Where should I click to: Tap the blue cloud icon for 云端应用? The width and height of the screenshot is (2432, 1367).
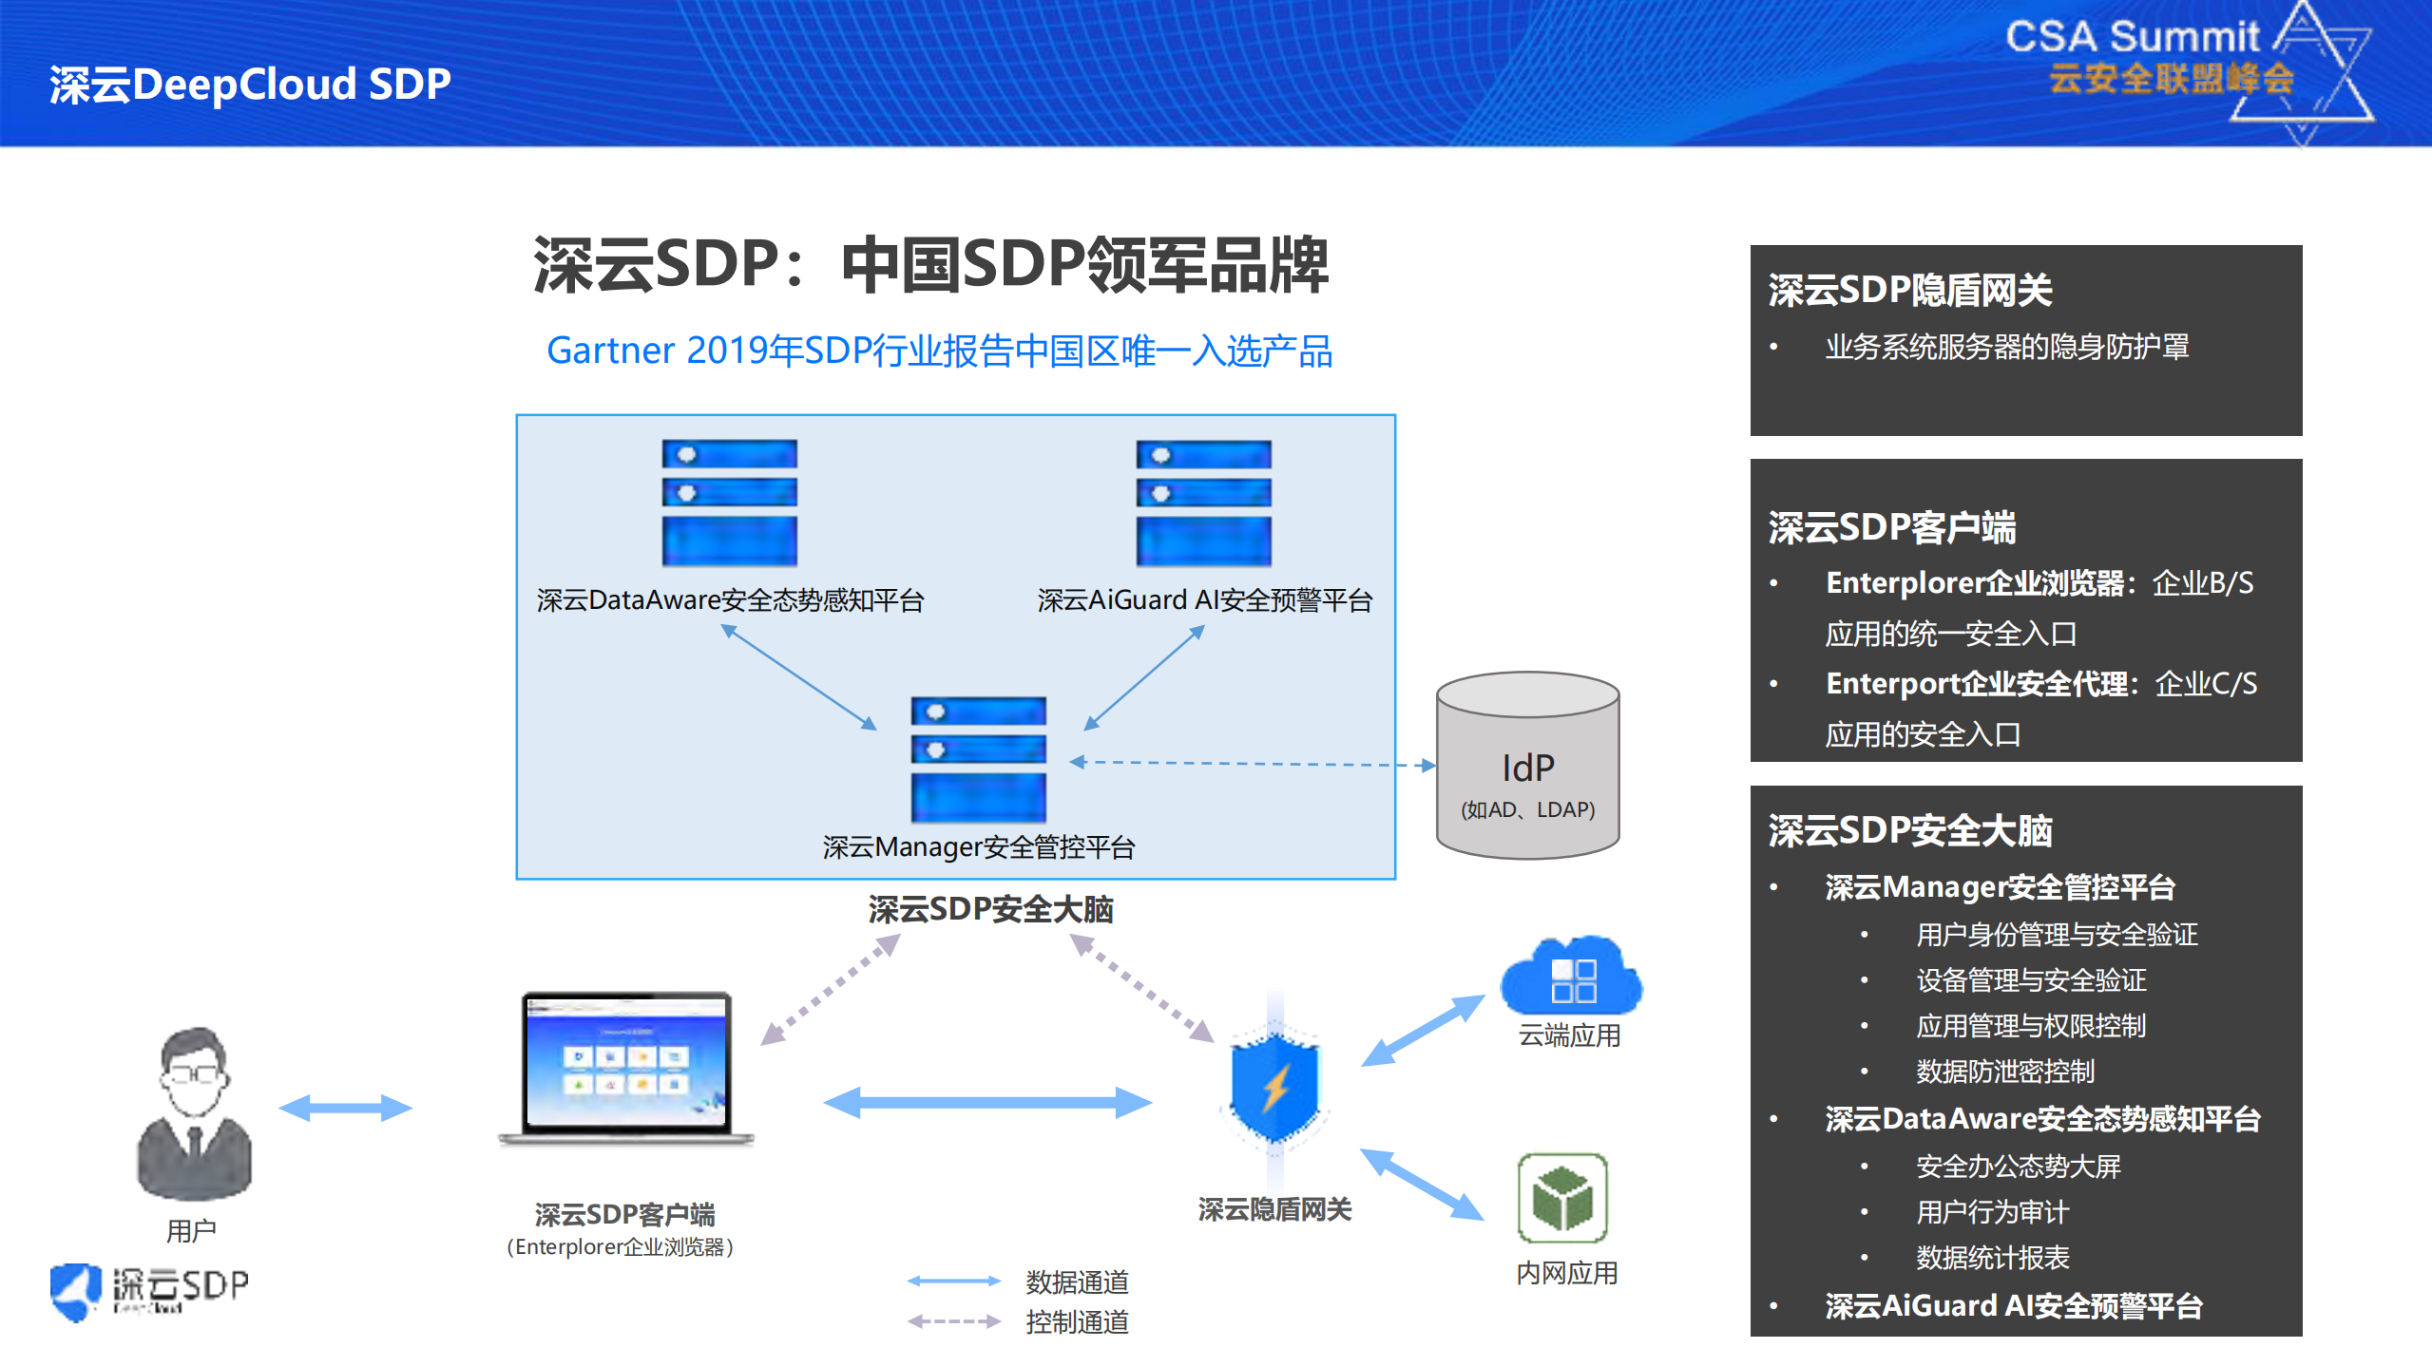pyautogui.click(x=1570, y=977)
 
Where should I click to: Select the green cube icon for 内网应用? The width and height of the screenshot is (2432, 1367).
pyautogui.click(x=1561, y=1198)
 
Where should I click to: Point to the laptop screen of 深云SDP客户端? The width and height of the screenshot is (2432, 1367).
pyautogui.click(x=626, y=1062)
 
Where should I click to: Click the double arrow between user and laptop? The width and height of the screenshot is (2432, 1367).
pyautogui.click(x=345, y=1107)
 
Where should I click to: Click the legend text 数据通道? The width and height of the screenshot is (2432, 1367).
pyautogui.click(x=1077, y=1282)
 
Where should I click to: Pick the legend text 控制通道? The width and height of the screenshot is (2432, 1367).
pyautogui.click(x=1077, y=1321)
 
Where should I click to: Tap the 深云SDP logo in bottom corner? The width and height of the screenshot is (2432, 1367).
pyautogui.click(x=149, y=1290)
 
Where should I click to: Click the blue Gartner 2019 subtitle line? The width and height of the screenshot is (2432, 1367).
pyautogui.click(x=939, y=351)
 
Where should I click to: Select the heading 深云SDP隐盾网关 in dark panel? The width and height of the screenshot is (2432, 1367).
pyautogui.click(x=1909, y=290)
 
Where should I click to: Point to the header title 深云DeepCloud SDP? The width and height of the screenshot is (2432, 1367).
pyautogui.click(x=250, y=84)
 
